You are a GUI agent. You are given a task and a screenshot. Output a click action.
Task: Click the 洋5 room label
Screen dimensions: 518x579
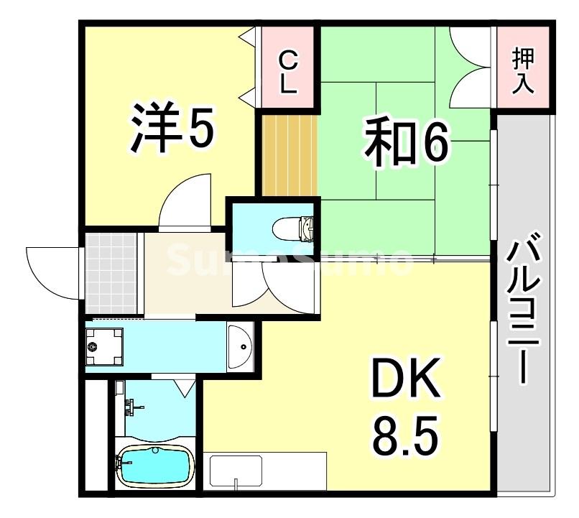171,129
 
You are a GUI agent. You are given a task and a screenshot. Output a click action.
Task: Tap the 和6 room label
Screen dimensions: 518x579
406,143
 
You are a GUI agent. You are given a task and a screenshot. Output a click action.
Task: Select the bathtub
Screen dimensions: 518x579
154,465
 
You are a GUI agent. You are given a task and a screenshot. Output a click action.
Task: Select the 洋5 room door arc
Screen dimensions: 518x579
183,201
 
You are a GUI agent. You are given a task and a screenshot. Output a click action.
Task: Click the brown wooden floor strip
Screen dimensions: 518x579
289,154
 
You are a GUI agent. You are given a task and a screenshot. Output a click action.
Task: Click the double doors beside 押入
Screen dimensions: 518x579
471,65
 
